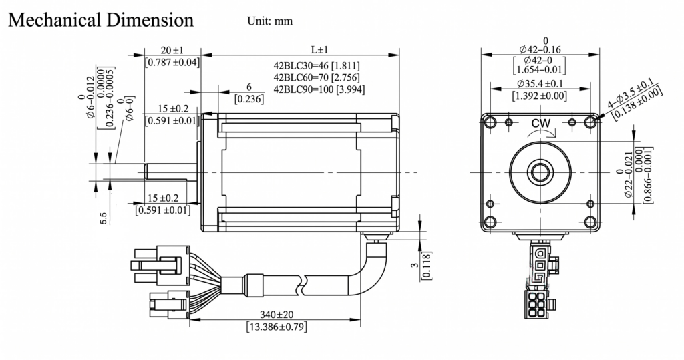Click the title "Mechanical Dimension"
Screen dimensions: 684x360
101,21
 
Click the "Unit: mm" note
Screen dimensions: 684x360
270,21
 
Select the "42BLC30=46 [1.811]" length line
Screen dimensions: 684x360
317,66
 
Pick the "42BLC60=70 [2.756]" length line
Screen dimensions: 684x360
317,77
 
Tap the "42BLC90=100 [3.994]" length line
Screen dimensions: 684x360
319,89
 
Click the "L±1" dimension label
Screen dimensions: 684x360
319,49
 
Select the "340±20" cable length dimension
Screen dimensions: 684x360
277,314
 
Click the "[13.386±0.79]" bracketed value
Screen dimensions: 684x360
277,327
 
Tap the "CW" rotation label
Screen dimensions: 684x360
541,124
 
